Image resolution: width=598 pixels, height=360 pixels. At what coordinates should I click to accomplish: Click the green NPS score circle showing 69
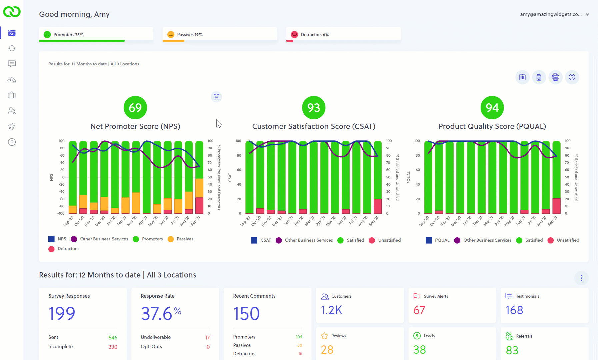(x=135, y=107)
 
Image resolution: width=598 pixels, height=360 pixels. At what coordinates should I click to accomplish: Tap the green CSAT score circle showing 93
(x=313, y=107)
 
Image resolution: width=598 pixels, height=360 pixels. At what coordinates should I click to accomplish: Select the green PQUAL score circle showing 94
(x=492, y=107)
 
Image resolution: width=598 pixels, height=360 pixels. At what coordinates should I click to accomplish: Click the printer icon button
(x=555, y=77)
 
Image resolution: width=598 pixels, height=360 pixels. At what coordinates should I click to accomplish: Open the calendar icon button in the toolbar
(x=522, y=77)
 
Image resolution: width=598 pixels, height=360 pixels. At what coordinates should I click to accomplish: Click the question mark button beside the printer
(x=572, y=77)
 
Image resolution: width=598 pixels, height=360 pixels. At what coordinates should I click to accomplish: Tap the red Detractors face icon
(x=294, y=35)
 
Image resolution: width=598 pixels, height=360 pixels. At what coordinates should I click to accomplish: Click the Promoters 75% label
(x=68, y=35)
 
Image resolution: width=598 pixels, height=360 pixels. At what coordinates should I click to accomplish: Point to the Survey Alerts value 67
(x=419, y=310)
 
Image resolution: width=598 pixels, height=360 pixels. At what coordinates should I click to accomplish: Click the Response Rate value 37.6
(x=157, y=314)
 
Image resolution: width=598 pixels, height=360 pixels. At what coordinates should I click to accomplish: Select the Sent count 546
(x=113, y=338)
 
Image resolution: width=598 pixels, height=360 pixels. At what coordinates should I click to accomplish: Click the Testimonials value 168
(x=514, y=310)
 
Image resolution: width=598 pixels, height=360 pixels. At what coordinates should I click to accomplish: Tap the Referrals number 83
(x=512, y=350)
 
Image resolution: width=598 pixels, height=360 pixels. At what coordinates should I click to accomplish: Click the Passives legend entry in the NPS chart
(x=185, y=239)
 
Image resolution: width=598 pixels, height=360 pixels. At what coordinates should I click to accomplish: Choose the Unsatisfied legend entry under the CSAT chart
(x=389, y=240)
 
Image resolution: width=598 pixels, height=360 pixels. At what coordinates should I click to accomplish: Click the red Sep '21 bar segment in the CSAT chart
(x=378, y=206)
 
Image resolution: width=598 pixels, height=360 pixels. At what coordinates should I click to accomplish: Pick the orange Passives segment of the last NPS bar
(x=199, y=188)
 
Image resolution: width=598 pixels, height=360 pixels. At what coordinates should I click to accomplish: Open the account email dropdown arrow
(x=587, y=14)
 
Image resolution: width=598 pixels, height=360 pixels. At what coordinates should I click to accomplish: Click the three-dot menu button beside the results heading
(x=581, y=278)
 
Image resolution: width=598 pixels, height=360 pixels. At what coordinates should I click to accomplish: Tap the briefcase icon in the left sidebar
(x=12, y=95)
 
